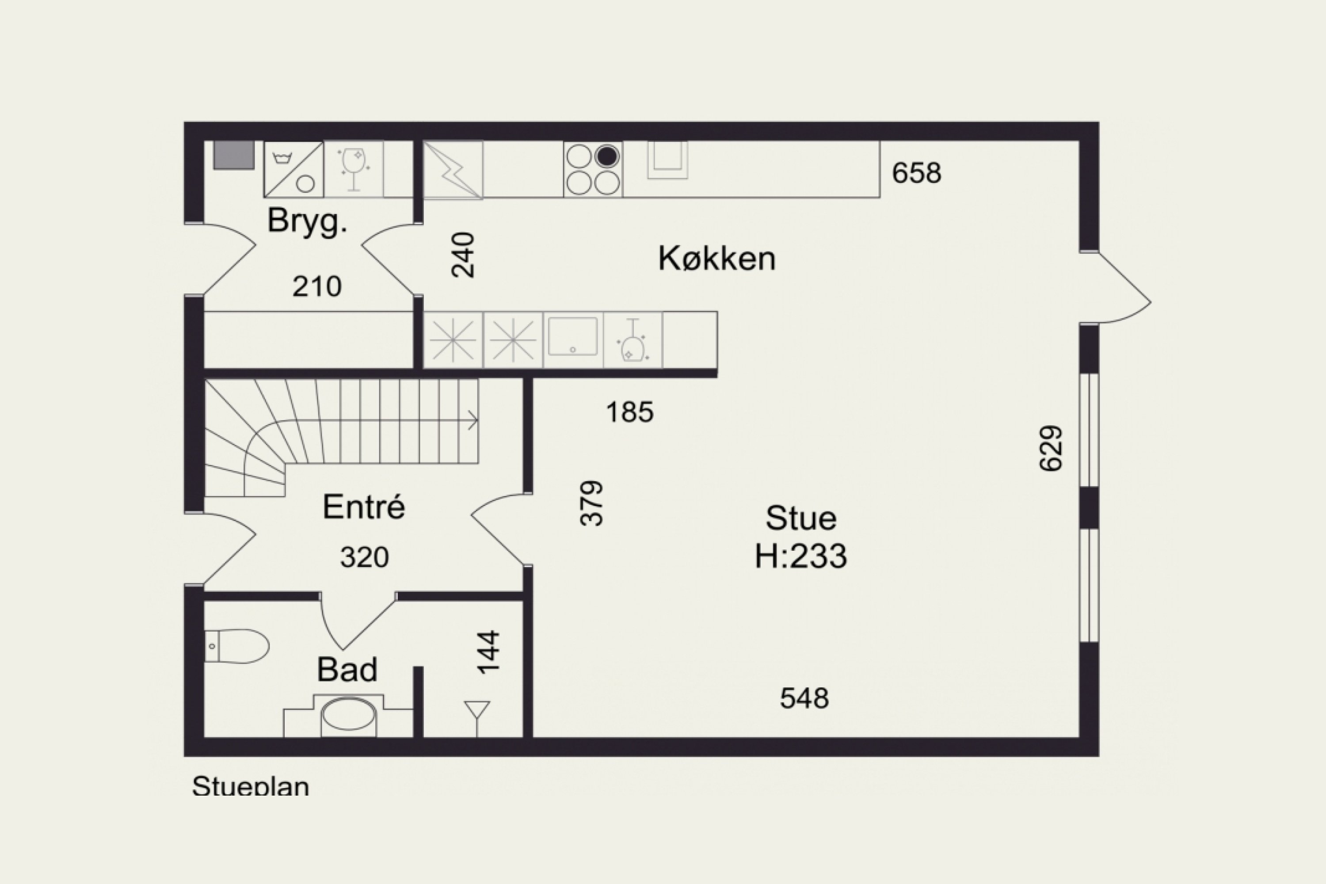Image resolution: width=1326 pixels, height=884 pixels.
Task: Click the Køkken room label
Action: coord(716,259)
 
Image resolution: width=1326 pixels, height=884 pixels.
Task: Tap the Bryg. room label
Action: coord(307,221)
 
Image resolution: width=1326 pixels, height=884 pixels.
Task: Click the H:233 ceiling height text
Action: coord(800,556)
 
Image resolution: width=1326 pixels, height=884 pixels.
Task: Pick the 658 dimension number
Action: coord(916,173)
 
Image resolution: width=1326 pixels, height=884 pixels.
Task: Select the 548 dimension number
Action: coord(804,698)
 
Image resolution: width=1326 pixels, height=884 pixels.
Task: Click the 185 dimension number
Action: coord(630,412)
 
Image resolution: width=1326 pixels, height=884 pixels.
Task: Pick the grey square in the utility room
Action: coord(233,154)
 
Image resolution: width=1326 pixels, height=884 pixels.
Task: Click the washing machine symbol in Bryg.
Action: coord(293,169)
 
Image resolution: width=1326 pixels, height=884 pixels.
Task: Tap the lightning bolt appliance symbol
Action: coord(453,170)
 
